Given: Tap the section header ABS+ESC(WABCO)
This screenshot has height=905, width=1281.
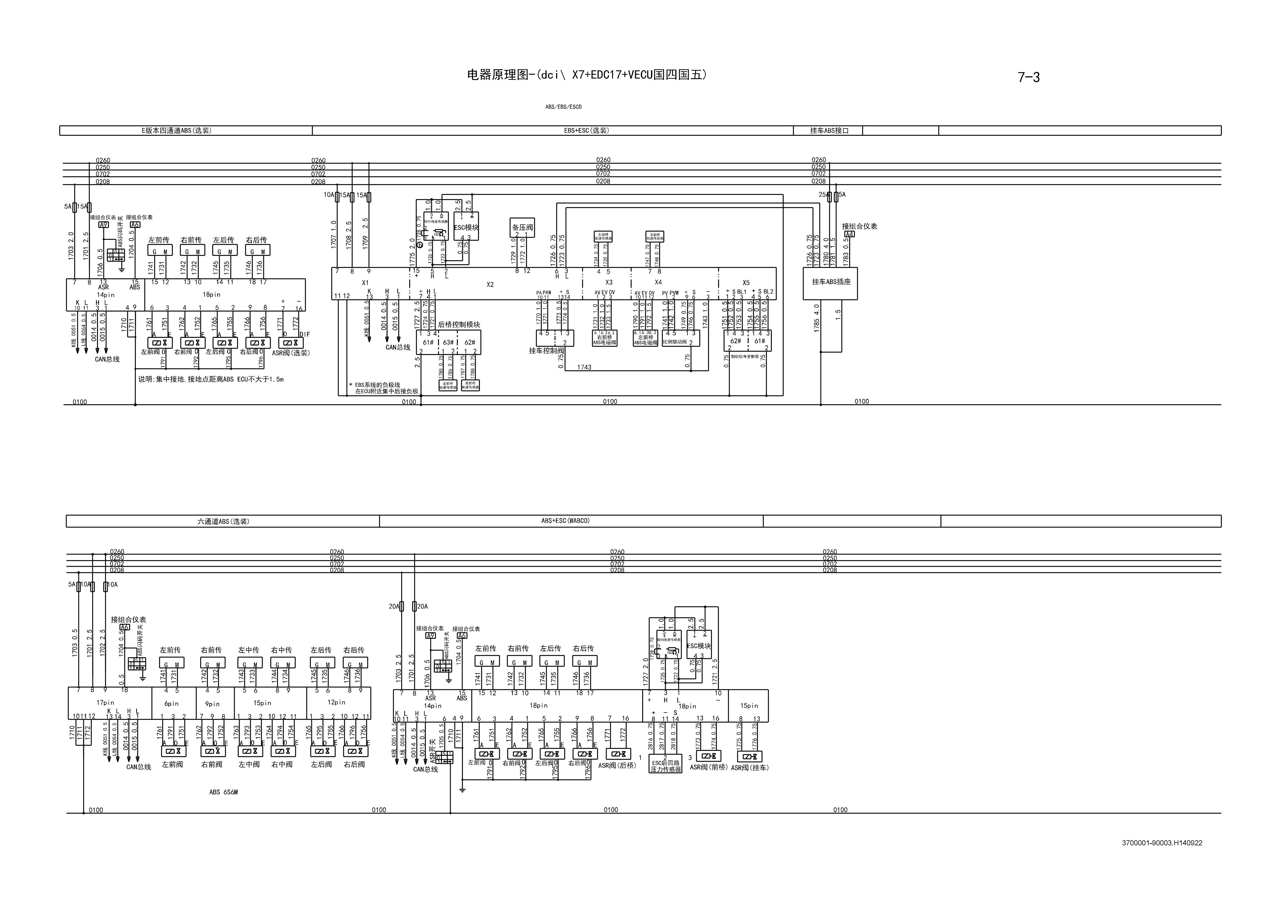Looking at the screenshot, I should (x=565, y=521).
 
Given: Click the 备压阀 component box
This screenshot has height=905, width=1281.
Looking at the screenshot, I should (x=522, y=228).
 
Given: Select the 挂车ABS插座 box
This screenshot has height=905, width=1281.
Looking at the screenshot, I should (x=831, y=282).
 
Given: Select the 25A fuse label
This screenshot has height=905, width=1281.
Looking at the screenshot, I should (x=823, y=195).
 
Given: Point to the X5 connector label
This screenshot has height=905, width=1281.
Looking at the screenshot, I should (x=746, y=283).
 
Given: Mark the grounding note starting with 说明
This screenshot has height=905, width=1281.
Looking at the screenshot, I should (x=211, y=379).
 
